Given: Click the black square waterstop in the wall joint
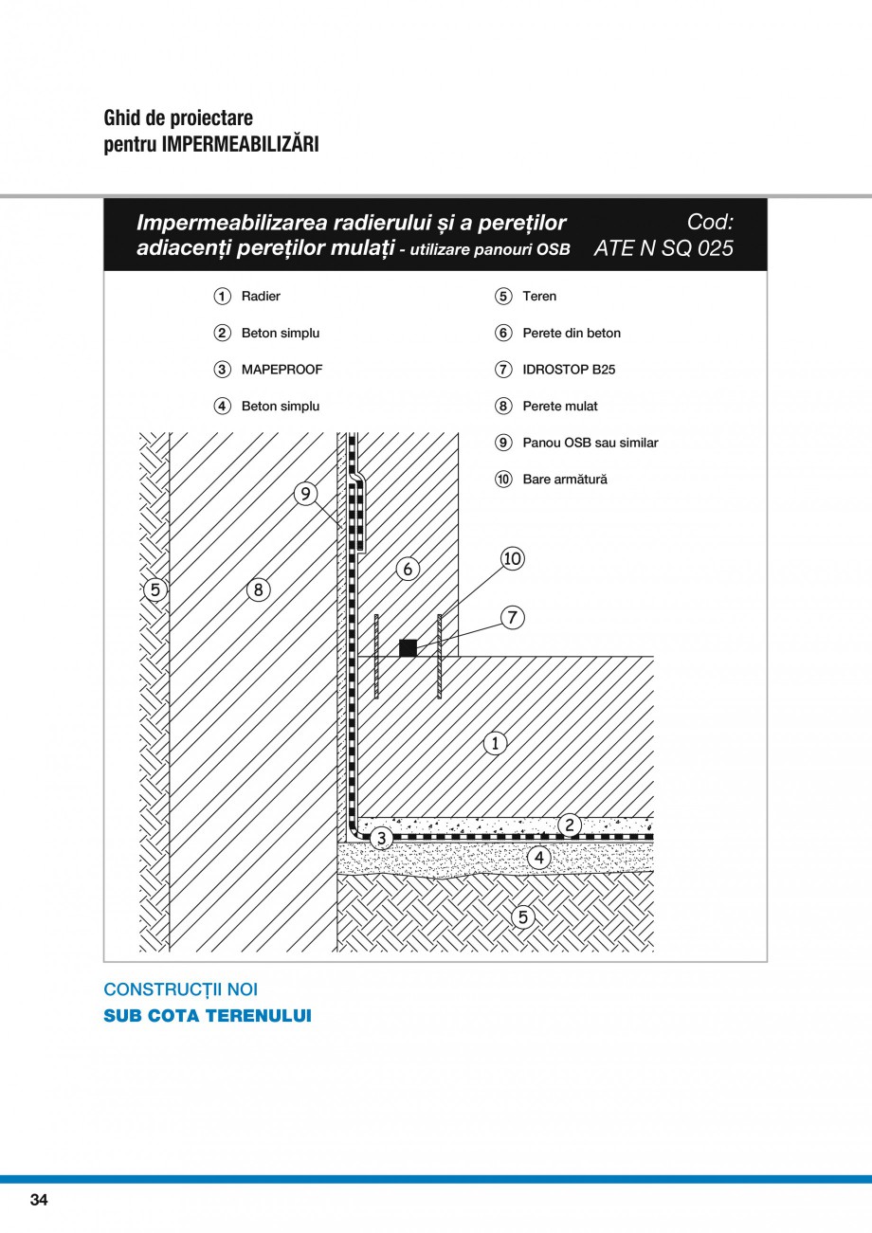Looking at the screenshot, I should pyautogui.click(x=408, y=648).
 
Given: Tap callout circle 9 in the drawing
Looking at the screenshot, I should pyautogui.click(x=305, y=494).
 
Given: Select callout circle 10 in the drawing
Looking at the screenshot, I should pyautogui.click(x=512, y=559).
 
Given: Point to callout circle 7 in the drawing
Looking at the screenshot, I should pyautogui.click(x=512, y=618).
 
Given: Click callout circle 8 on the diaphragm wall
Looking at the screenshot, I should pyautogui.click(x=258, y=589).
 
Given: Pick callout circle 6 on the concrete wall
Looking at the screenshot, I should pyautogui.click(x=408, y=569).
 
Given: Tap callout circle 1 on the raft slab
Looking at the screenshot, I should pyautogui.click(x=495, y=743).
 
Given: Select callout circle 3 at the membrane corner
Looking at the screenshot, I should pyautogui.click(x=381, y=838).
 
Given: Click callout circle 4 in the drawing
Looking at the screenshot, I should pyautogui.click(x=538, y=858).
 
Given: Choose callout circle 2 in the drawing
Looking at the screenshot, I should pyautogui.click(x=569, y=825).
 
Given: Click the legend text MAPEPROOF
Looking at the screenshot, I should pyautogui.click(x=282, y=370).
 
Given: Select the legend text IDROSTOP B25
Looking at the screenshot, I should pyautogui.click(x=569, y=370).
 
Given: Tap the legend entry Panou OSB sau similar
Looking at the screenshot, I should pyautogui.click(x=590, y=443).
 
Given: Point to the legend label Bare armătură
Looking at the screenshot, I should pyautogui.click(x=565, y=480).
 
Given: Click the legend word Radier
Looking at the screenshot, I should pyautogui.click(x=261, y=297).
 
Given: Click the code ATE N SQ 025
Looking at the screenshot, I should pyautogui.click(x=663, y=248).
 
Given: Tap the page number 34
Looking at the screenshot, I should pyautogui.click(x=39, y=1200).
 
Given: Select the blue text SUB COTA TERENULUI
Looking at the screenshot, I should pyautogui.click(x=207, y=1016).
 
